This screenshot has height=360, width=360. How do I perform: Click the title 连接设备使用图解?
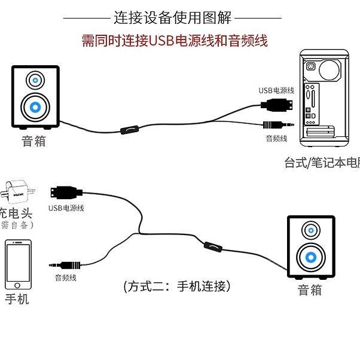(x=173, y=17)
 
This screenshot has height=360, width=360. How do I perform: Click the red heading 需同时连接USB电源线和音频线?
(x=174, y=41)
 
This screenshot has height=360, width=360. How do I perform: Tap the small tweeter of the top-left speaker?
(x=36, y=80)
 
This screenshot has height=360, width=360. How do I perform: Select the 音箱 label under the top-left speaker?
(x=34, y=142)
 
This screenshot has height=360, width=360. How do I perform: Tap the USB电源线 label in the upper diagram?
(x=276, y=90)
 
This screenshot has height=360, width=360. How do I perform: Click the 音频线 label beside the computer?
(x=276, y=139)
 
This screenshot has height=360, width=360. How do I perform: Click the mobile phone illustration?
(x=18, y=264)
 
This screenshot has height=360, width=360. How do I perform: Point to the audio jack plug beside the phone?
(x=66, y=264)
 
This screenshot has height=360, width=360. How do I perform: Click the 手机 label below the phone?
(x=17, y=299)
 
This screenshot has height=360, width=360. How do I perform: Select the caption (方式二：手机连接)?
(x=176, y=286)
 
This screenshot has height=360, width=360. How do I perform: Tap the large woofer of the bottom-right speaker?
(x=311, y=258)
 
